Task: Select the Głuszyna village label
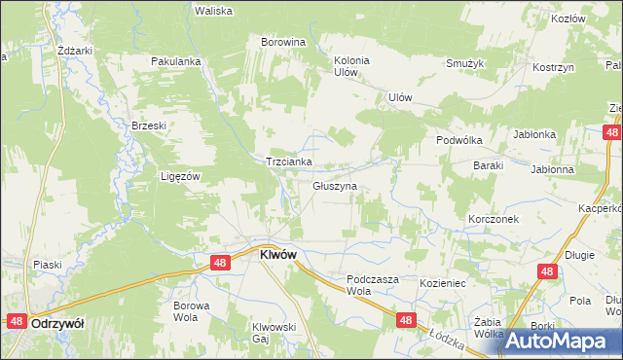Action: [x=335, y=185]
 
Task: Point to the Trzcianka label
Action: [x=289, y=162]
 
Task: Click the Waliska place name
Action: [x=213, y=11]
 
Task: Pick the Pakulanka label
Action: [x=175, y=61]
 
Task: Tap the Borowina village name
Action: [x=283, y=43]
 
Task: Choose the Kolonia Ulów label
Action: [x=351, y=65]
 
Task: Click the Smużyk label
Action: [x=465, y=63]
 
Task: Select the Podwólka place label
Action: [x=459, y=140]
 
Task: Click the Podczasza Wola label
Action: [x=373, y=284]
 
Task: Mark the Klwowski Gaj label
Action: [x=274, y=333]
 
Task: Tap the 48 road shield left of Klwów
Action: [x=220, y=263]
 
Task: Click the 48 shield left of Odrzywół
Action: [x=17, y=320]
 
